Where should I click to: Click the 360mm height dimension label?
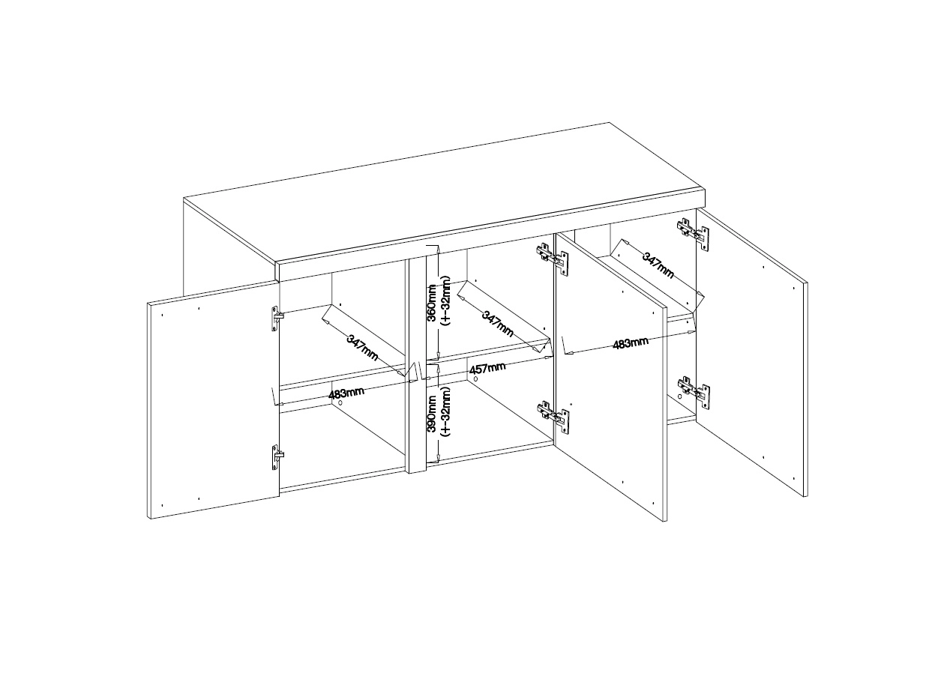[x=433, y=303]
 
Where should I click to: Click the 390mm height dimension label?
[x=433, y=414]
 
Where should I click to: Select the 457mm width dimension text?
[x=487, y=369]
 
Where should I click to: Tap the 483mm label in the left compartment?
[x=346, y=393]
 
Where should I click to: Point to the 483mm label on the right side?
[x=631, y=343]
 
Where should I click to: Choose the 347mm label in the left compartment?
[x=362, y=348]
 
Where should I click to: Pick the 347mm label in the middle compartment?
[x=498, y=324]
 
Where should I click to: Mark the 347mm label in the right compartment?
[x=658, y=265]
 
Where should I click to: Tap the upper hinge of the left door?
[x=277, y=319]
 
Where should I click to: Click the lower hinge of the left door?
[x=277, y=457]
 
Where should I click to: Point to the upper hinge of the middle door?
[x=553, y=258]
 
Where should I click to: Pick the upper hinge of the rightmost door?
[x=693, y=234]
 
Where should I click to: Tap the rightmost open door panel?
[x=752, y=352]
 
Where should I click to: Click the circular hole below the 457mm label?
[x=476, y=378]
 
